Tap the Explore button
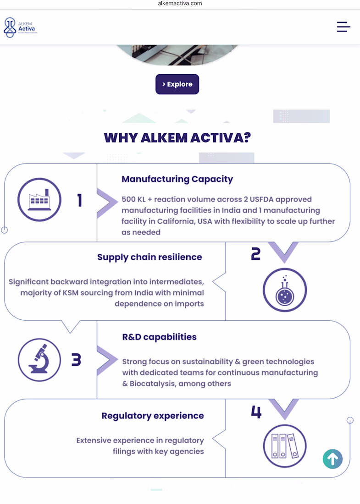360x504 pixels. (177, 84)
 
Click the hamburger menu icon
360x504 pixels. (343, 27)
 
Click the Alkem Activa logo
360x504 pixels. (20, 27)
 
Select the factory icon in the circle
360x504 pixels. (39, 200)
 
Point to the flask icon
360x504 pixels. (285, 290)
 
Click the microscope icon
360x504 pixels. (39, 360)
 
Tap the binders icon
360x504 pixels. (285, 446)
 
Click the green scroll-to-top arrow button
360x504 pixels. (332, 459)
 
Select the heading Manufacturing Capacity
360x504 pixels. (177, 179)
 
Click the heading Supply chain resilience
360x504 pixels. (150, 257)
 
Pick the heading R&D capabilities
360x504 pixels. (159, 337)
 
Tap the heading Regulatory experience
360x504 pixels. (153, 416)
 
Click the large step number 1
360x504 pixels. (80, 200)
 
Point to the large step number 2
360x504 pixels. (256, 254)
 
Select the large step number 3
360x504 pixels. (76, 360)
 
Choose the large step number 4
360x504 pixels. (256, 412)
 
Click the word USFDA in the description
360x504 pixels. (261, 199)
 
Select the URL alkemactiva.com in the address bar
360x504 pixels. (180, 4)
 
